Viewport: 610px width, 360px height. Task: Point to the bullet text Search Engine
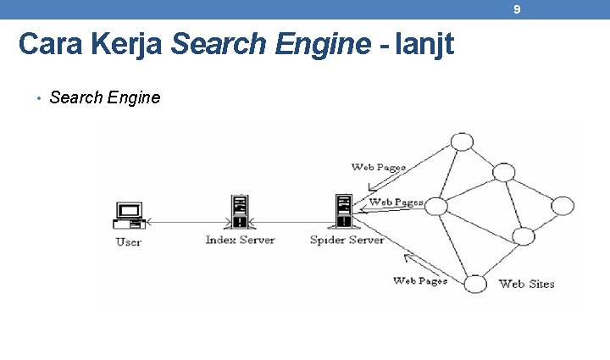104,97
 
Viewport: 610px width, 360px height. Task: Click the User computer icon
129,215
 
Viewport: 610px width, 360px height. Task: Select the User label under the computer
129,242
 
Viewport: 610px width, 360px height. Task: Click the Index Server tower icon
240,212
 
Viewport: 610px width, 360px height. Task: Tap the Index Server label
240,240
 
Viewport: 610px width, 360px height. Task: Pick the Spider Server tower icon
343,212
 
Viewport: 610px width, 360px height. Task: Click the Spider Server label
347,240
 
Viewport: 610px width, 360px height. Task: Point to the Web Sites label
526,284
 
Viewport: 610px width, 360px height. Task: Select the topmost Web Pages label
378,167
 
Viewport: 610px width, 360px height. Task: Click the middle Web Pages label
396,202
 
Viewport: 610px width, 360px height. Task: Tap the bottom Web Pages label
419,280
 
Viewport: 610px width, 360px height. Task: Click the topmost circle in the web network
462,141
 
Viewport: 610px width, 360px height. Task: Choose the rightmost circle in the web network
563,206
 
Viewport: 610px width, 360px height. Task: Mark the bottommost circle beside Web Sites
476,283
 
